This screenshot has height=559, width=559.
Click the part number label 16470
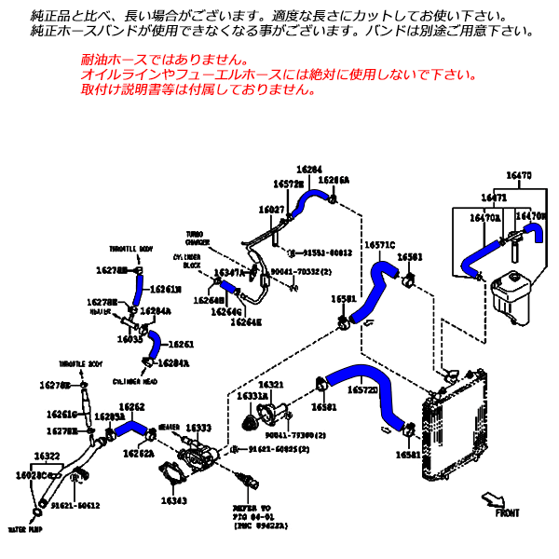coord(519,175)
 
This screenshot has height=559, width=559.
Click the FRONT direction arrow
coord(494,501)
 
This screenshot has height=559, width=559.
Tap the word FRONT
coord(508,513)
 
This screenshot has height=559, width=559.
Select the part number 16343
coord(173,501)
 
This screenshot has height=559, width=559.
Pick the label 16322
coord(47,456)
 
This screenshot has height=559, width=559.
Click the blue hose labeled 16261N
coord(138,289)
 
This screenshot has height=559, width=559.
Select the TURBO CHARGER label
coord(198,239)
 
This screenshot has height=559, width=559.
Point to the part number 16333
coord(198,428)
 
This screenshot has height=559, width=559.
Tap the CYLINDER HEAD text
coord(134,381)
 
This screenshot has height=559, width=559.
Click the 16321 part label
coord(271,384)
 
